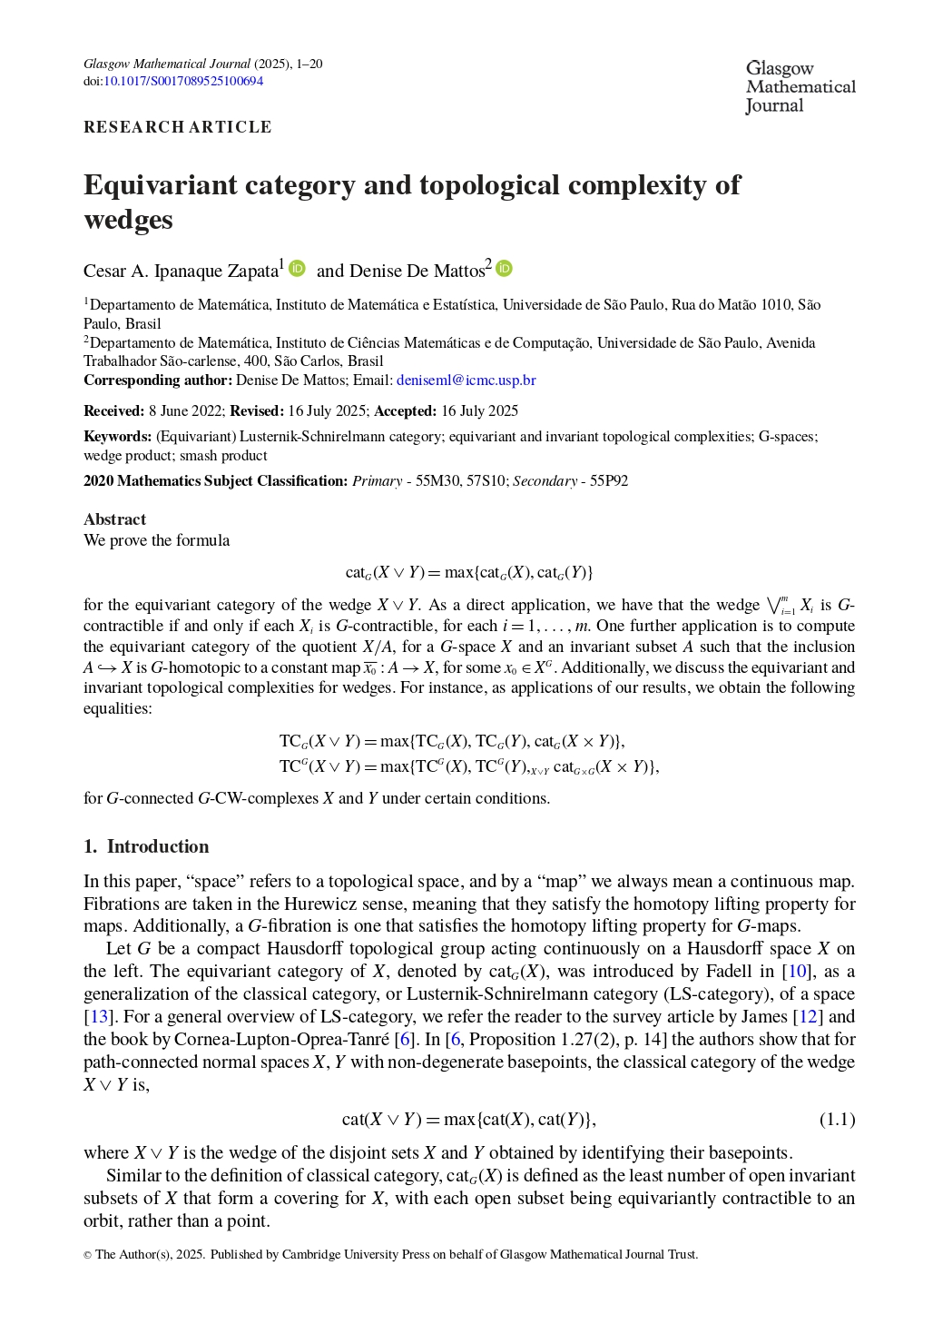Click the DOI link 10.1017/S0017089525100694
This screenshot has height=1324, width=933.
tap(183, 81)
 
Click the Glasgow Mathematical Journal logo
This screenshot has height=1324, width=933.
tap(800, 87)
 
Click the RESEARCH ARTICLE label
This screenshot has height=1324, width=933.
tap(177, 127)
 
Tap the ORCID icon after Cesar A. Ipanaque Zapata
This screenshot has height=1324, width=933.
tap(298, 269)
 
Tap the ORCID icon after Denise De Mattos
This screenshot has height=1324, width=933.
tap(505, 269)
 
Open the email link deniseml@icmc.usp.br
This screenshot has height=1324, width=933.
tap(466, 380)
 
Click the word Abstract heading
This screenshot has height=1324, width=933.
tap(114, 519)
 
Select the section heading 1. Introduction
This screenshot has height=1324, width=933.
tap(146, 846)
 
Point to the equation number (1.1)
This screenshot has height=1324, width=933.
tap(837, 1119)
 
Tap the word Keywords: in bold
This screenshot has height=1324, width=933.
tap(117, 436)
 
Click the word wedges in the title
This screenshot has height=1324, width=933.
tap(128, 221)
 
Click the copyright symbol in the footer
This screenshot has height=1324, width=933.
tap(87, 1255)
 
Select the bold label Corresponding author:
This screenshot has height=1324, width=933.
tap(158, 380)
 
